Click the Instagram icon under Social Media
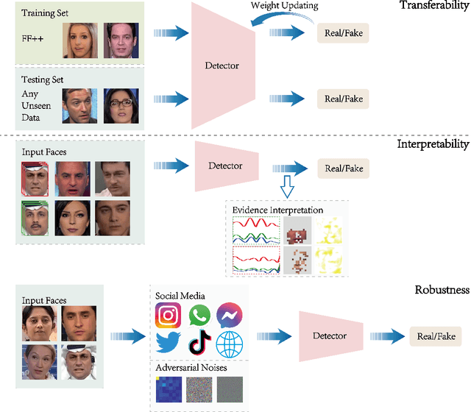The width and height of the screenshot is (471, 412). [x=169, y=316]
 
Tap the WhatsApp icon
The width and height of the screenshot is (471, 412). [x=199, y=316]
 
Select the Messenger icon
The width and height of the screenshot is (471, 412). [x=230, y=316]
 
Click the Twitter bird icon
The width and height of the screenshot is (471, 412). [x=169, y=344]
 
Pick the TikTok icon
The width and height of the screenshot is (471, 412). [x=199, y=344]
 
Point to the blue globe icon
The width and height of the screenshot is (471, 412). [x=230, y=344]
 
